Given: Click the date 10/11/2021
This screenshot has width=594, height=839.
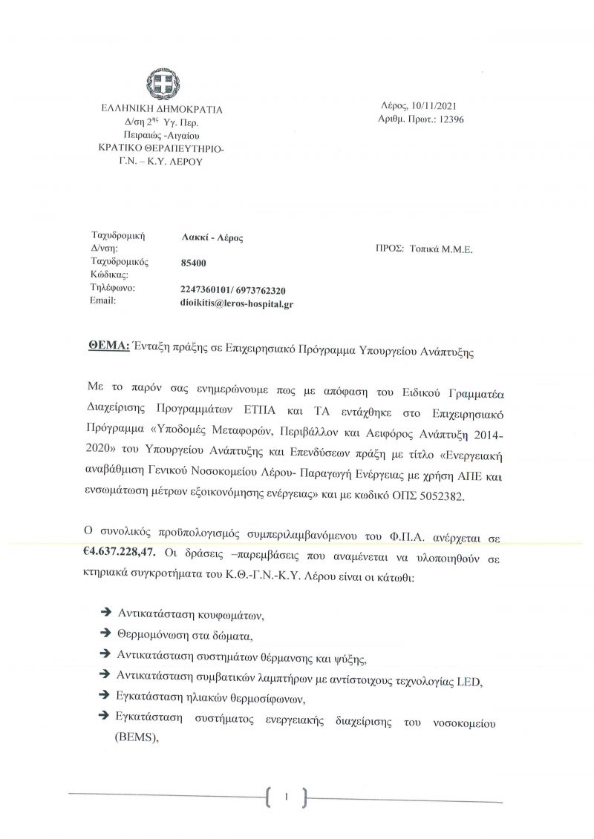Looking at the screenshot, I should pos(438,107).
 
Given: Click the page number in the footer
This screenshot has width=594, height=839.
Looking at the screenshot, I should pos(285,797).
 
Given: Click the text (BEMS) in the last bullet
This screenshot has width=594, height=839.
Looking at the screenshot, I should pos(137,737).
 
